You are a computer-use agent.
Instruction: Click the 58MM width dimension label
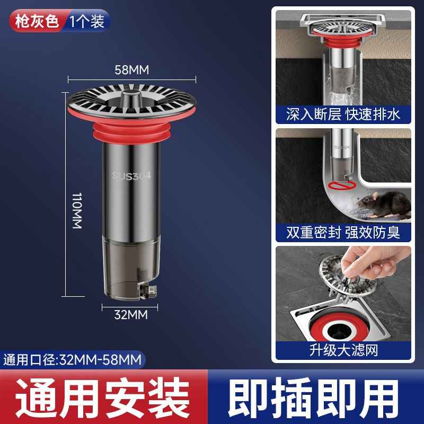point(132,69)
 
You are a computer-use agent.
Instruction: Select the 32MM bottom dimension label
point(130,315)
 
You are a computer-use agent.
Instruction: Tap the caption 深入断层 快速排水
point(343,114)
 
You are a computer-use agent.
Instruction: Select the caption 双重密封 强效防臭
point(343,232)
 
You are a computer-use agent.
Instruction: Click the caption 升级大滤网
point(343,350)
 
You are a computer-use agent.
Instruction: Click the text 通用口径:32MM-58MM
point(73,360)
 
